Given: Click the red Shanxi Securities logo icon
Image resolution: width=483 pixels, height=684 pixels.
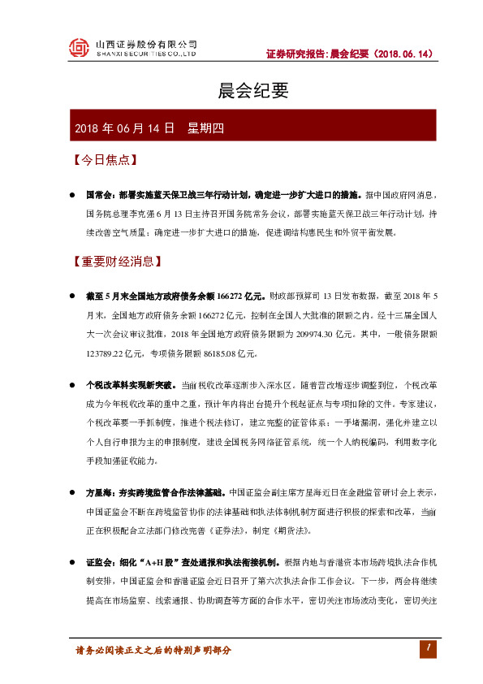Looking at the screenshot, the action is [79, 48].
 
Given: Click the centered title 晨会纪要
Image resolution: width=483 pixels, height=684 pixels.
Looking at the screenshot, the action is [242, 91].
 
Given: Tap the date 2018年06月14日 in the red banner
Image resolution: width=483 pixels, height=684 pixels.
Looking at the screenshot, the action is [124, 128].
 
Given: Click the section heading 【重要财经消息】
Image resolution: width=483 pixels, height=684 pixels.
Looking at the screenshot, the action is [117, 262].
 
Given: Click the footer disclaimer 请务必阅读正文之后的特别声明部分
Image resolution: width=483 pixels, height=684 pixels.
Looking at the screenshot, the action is [153, 650].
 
